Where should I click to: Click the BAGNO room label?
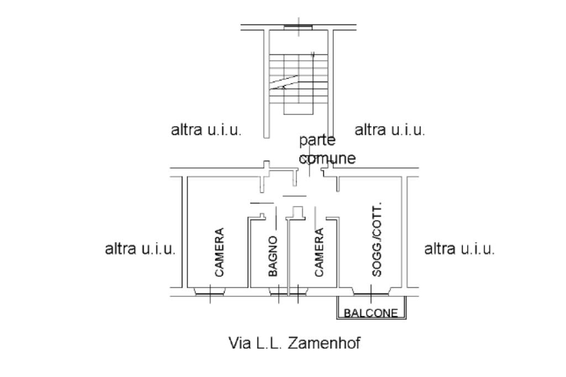(x=273, y=255)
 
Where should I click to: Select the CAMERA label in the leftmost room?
(x=219, y=252)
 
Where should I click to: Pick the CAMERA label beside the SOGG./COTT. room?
(x=319, y=252)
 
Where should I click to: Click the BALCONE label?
(x=371, y=313)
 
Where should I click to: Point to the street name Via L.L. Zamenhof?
(x=295, y=343)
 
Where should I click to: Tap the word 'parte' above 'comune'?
(x=315, y=140)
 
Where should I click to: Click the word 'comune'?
(x=327, y=159)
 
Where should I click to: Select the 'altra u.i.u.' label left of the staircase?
(x=206, y=130)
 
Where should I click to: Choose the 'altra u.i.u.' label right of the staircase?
(x=390, y=130)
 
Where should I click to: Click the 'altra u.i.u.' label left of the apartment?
(x=140, y=249)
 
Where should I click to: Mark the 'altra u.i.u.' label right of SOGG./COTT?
(x=459, y=249)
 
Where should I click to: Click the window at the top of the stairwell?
(x=298, y=27)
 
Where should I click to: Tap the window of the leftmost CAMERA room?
(x=210, y=291)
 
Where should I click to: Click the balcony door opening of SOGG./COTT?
(x=371, y=292)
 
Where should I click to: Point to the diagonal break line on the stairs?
(x=285, y=81)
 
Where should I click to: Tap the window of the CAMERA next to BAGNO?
(x=299, y=291)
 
